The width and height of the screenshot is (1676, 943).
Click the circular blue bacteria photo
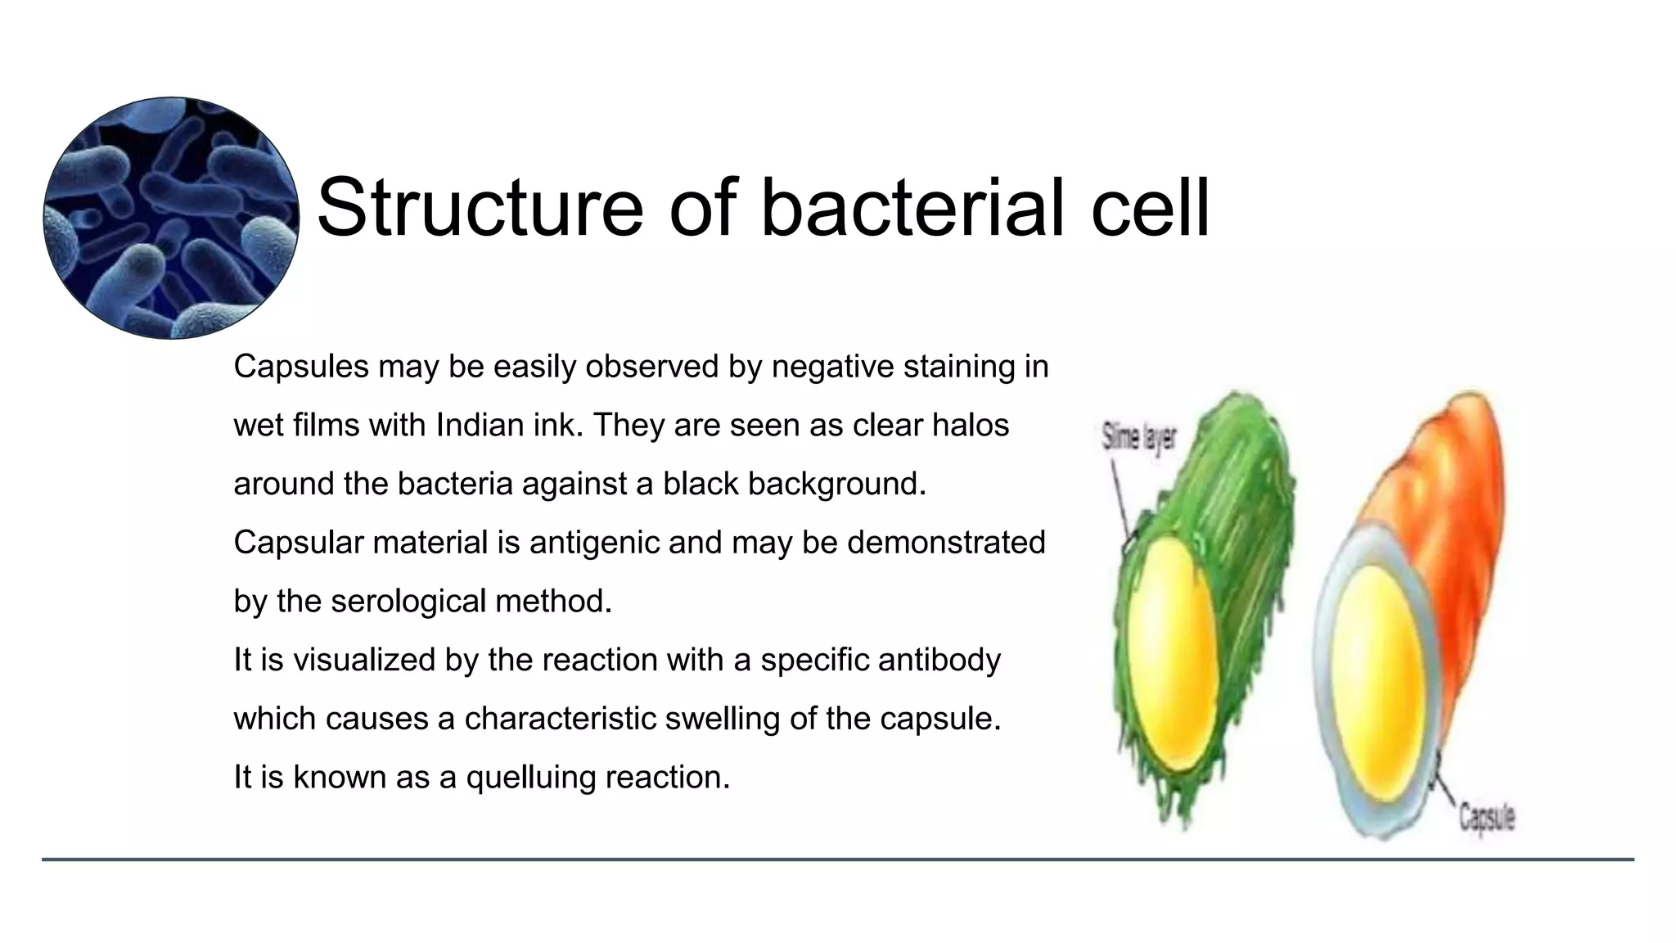pos(171,218)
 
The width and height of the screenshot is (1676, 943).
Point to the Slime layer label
pos(1138,437)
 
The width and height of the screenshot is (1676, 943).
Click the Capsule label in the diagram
pos(1487,817)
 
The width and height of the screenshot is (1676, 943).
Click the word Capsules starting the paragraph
pos(300,367)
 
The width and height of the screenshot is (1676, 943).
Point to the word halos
pos(971,426)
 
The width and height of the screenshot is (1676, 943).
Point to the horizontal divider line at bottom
pos(838,860)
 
